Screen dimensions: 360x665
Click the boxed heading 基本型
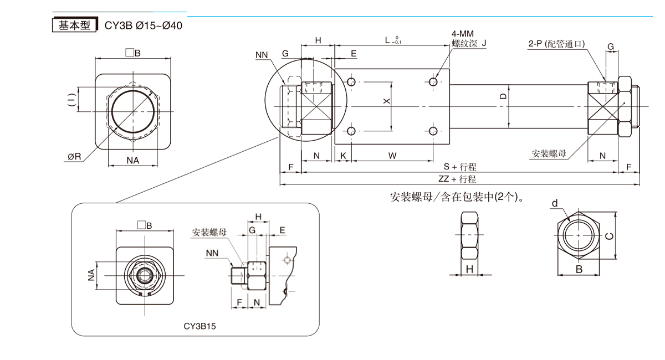coord(74,25)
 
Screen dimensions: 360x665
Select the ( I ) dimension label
coord(71,100)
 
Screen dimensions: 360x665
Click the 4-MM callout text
coord(462,34)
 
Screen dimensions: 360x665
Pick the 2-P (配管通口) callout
coord(557,44)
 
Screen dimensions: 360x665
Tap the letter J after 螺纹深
coord(483,43)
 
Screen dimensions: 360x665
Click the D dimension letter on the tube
coord(503,95)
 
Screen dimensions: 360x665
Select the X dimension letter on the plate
coord(387,101)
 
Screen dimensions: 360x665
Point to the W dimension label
coord(392,156)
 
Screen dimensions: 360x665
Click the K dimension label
coord(344,156)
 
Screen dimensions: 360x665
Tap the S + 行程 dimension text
coord(460,166)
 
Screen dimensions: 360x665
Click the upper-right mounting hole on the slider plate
coord(434,82)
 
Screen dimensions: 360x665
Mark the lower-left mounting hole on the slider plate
coord(351,131)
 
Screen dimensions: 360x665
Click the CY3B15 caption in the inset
coord(199,326)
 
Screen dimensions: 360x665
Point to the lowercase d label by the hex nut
coord(554,204)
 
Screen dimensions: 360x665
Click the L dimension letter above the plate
coord(387,40)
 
